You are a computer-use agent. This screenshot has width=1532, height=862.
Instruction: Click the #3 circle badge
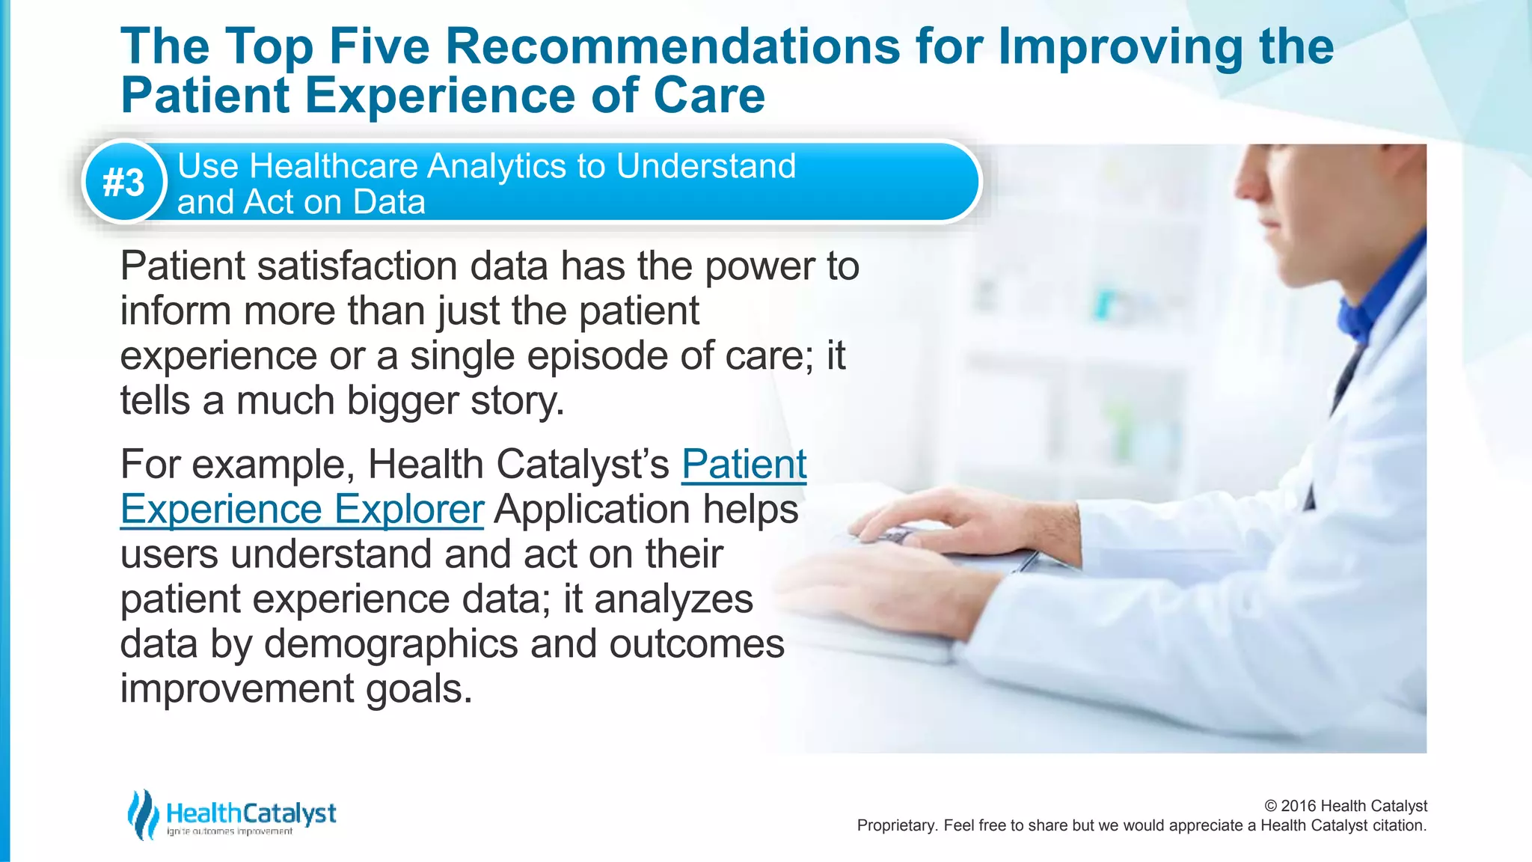pyautogui.click(x=124, y=182)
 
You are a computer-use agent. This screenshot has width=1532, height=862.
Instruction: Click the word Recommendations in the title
pyautogui.click(x=672, y=46)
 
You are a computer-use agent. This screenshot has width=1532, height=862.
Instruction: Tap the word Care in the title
pyautogui.click(x=708, y=96)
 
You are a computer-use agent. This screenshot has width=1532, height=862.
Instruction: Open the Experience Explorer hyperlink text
pyautogui.click(x=302, y=510)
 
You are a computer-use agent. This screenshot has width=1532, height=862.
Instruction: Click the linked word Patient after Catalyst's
pyautogui.click(x=744, y=465)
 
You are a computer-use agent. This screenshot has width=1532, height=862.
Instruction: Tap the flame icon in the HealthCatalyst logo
pyautogui.click(x=142, y=814)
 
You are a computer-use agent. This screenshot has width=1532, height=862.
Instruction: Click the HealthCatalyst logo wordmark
pyautogui.click(x=251, y=813)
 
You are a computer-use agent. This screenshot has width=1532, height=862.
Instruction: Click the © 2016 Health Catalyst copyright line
pyautogui.click(x=1345, y=806)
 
